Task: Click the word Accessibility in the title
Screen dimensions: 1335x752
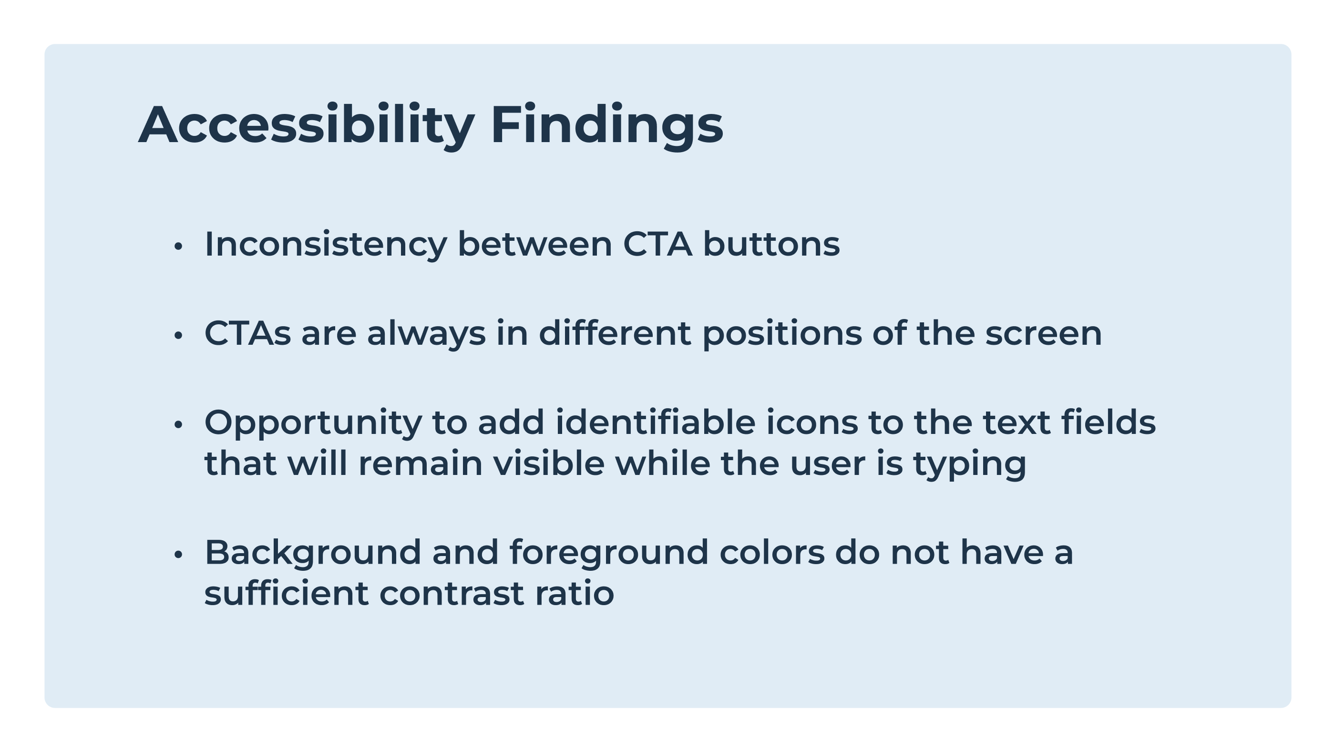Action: pos(306,125)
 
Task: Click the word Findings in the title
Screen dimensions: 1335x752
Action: pos(607,125)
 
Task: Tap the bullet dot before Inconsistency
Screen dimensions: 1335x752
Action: pos(178,246)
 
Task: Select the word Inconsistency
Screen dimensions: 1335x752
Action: pos(326,245)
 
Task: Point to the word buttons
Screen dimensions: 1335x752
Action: pos(771,244)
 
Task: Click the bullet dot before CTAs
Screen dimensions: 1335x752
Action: pos(178,335)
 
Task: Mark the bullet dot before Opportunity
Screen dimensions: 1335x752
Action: pos(178,424)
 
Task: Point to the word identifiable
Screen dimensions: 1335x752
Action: pos(656,422)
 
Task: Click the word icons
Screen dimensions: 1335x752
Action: pos(811,422)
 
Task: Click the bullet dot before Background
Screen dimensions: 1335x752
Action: pos(178,555)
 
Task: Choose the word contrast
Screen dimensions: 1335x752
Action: pos(452,593)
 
